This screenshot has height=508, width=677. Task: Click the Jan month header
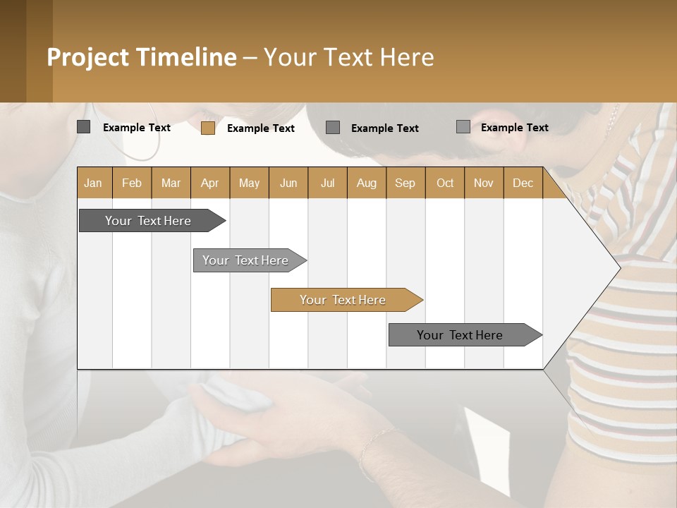pos(93,183)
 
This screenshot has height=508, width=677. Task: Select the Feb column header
pos(132,183)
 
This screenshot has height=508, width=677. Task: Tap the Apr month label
pos(209,183)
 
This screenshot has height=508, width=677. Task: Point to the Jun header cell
pos(288,183)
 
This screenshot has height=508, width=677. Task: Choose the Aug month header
pos(366,183)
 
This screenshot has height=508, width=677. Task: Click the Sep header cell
pos(405,183)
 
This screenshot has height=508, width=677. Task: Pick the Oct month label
pos(445,183)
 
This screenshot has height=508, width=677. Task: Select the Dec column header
pos(523,183)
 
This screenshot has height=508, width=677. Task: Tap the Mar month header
pos(171,183)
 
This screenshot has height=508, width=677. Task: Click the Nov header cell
pos(483,183)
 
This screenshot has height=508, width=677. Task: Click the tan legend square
pos(208,128)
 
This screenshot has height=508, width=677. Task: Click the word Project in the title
pos(89,57)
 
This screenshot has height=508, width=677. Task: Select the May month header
pos(249,183)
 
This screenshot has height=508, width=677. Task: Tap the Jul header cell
pos(327,183)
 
